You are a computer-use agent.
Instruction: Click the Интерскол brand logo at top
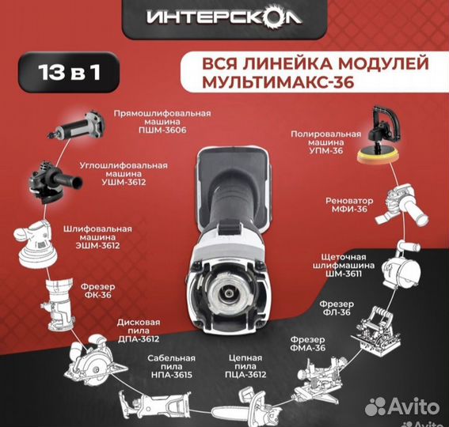coord(225,17)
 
